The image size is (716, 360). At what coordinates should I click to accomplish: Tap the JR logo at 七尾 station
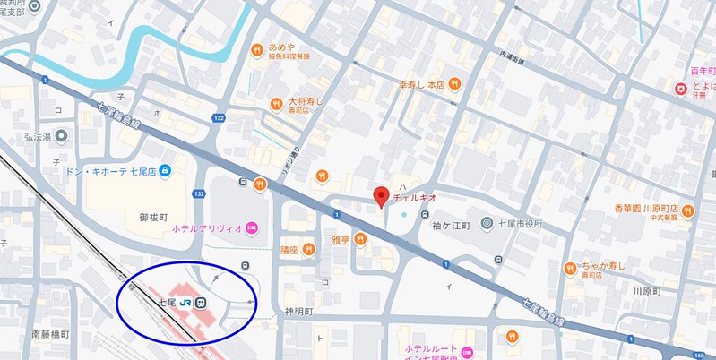point(185,304)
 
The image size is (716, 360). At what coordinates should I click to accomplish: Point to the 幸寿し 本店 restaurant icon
point(455,84)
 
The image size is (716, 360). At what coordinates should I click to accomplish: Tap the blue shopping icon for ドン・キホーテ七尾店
point(165,170)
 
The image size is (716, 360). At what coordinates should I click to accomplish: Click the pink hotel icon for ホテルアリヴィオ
point(253,228)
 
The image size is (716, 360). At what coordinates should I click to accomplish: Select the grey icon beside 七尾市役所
point(487,222)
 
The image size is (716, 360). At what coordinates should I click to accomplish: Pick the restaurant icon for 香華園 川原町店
point(687,211)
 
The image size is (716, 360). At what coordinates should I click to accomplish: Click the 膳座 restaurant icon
point(308,249)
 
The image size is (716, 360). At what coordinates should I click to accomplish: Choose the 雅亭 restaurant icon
point(359,238)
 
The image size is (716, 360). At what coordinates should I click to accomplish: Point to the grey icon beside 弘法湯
point(61,136)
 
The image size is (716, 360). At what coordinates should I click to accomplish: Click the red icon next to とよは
point(681,88)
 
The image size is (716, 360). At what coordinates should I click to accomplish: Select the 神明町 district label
point(298,312)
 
